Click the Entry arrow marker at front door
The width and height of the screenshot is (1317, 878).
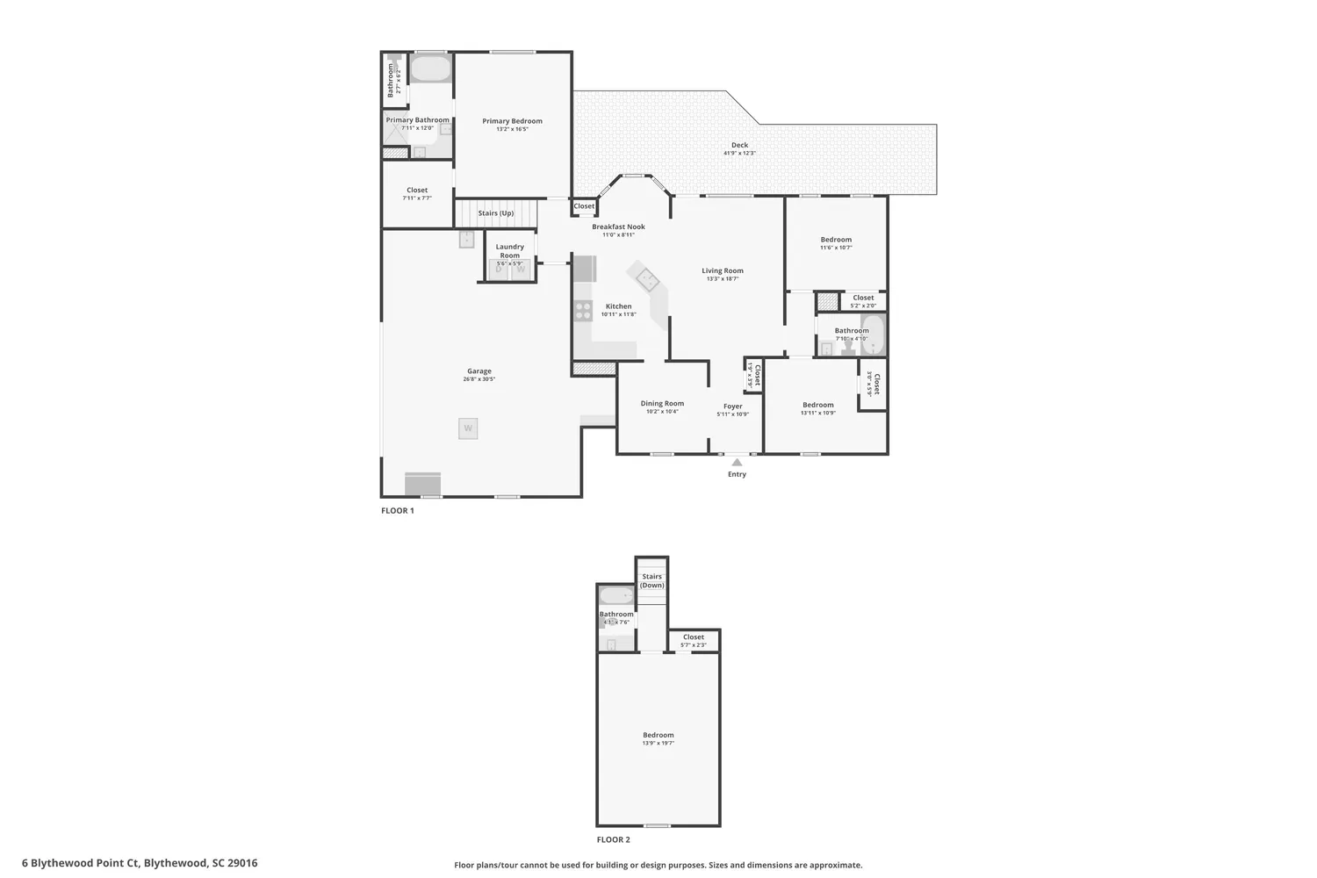coord(737,462)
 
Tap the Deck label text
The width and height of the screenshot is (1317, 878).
coord(739,145)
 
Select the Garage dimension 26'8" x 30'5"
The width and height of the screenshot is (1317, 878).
coord(479,379)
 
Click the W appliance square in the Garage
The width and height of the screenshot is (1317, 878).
coord(468,428)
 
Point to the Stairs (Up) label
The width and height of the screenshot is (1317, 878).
coord(495,213)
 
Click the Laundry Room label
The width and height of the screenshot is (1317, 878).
coord(509,251)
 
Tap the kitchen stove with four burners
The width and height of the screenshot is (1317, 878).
coord(583,309)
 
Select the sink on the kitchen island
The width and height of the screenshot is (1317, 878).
coord(648,279)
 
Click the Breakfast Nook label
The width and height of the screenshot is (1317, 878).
coord(618,227)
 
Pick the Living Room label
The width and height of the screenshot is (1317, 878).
coord(722,270)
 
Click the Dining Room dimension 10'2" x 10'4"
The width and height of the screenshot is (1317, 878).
coord(662,412)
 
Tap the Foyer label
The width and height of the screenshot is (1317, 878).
coord(732,407)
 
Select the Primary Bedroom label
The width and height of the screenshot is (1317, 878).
coord(512,121)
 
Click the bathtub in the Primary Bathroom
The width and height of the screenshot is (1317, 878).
coord(429,68)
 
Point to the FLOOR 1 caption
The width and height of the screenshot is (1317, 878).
coord(397,510)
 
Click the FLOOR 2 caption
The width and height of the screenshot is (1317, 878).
coord(613,839)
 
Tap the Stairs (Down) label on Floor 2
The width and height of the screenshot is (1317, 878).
coord(651,580)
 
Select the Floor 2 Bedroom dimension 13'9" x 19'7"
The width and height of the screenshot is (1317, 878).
coord(658,743)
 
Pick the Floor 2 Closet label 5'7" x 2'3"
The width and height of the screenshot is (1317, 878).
coord(693,637)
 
